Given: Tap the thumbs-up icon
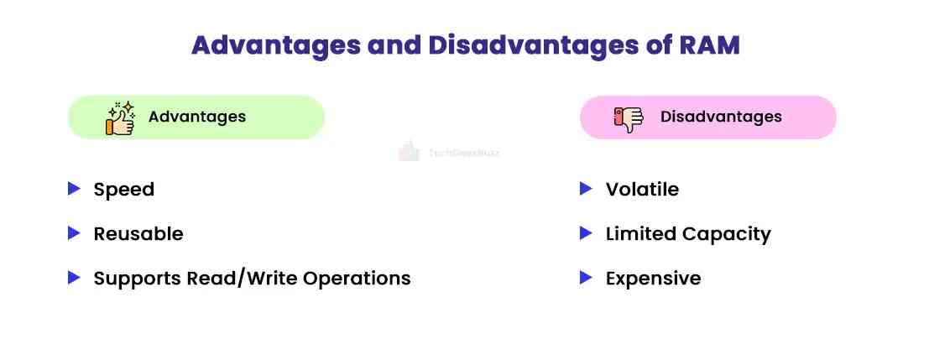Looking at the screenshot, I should tap(119, 118).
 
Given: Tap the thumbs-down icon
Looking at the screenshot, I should tap(628, 118).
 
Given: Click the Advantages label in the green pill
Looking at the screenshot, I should tap(197, 117).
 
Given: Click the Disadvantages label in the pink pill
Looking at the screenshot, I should tap(721, 117).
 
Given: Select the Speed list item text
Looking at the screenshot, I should tap(123, 190).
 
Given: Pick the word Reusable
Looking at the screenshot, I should tap(138, 234).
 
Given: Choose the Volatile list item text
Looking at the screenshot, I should tap(642, 190).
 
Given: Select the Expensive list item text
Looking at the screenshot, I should tap(653, 279).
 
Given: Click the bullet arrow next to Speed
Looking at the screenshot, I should tap(74, 189).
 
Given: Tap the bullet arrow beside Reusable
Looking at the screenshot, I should tap(74, 233).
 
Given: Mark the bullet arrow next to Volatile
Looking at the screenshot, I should tap(586, 189).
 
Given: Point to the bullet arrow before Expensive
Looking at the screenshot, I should tap(586, 278).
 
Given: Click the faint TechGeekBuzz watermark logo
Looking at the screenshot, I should tap(409, 153).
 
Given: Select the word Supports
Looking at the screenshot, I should tap(133, 279).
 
